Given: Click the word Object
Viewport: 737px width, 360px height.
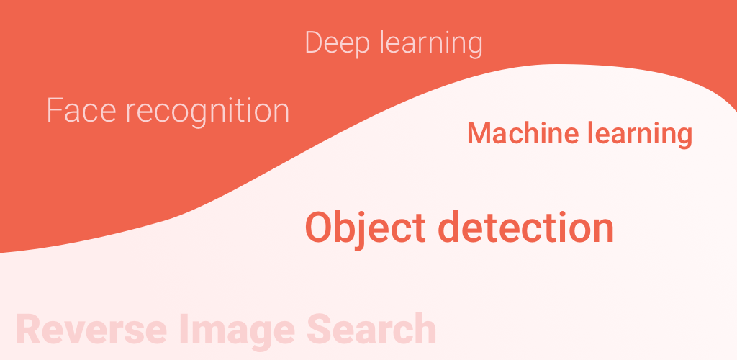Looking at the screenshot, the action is [x=366, y=228].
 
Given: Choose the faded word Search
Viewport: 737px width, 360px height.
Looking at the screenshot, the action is [x=371, y=330].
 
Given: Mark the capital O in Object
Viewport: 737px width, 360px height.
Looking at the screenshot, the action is [x=320, y=228].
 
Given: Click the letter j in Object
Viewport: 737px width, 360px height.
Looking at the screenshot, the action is [x=366, y=230].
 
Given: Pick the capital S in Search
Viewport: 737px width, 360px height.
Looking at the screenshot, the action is [x=320, y=330].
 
